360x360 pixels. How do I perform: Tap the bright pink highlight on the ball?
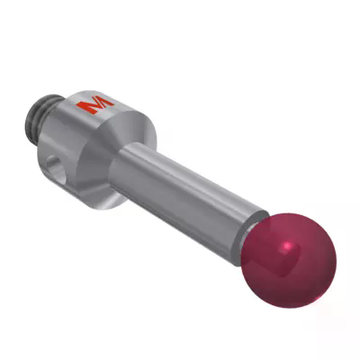pos(287,245)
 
